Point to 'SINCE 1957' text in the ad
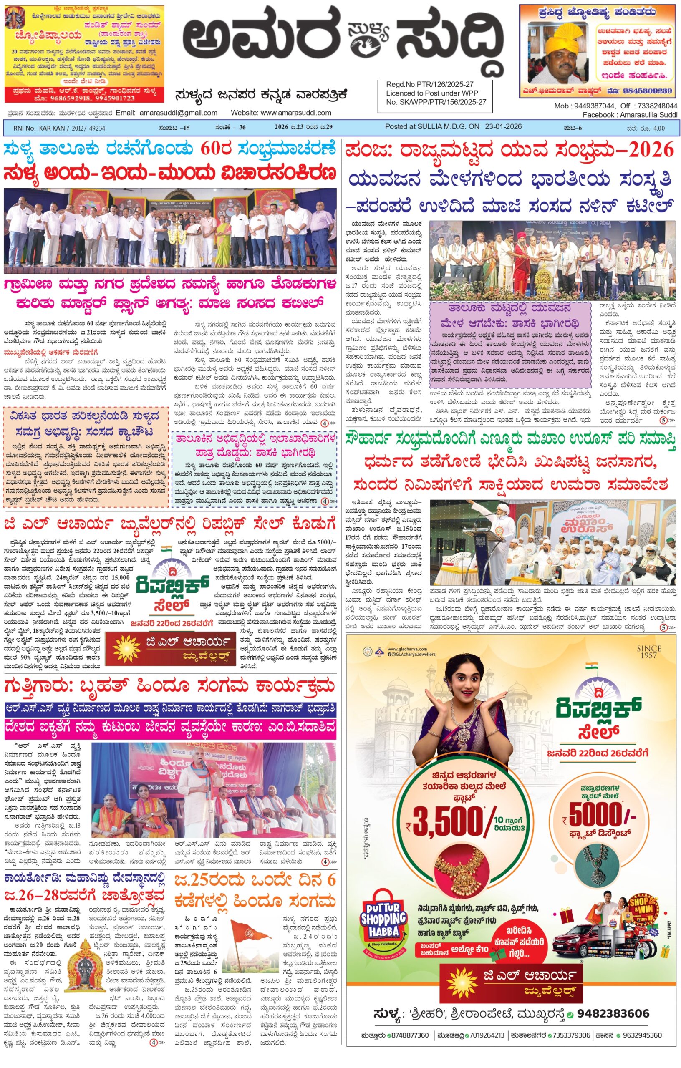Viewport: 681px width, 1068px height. (x=648, y=652)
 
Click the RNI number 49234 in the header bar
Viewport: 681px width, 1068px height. (x=96, y=128)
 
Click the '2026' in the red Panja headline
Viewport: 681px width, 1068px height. (x=653, y=151)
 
